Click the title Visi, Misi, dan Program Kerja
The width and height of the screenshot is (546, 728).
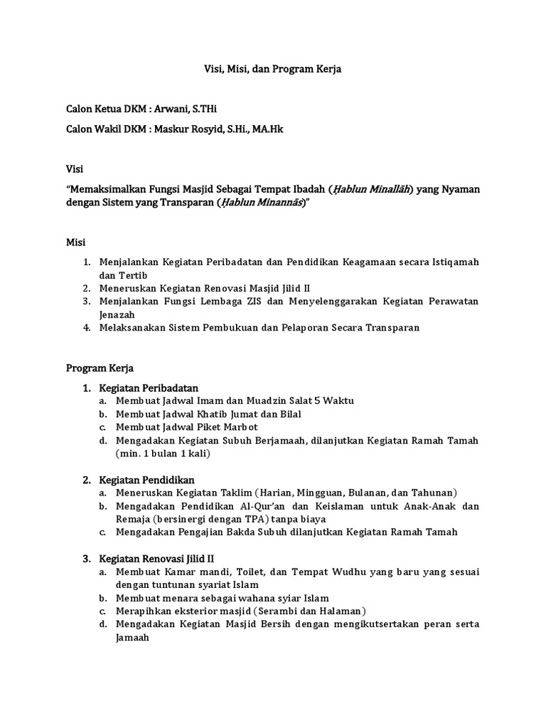click(x=273, y=70)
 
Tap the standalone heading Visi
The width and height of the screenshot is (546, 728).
click(x=75, y=169)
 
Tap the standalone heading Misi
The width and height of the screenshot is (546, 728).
click(x=75, y=242)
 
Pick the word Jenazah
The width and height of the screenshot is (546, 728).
click(x=117, y=314)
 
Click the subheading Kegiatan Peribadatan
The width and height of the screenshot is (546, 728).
click(x=149, y=387)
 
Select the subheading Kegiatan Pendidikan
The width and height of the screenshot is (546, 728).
click(x=147, y=480)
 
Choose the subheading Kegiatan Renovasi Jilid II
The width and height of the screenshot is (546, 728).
click(x=161, y=559)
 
